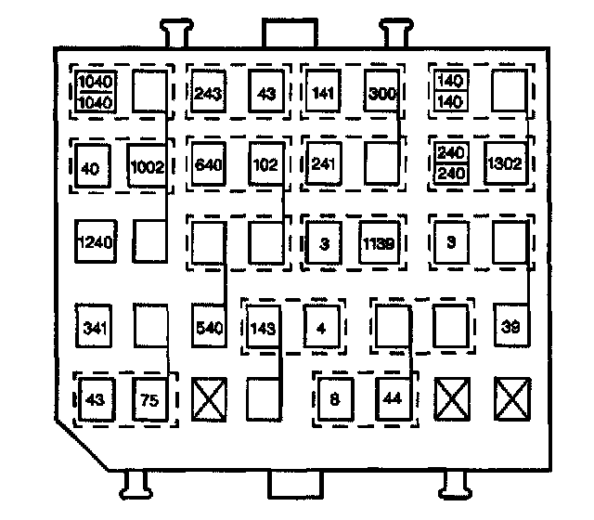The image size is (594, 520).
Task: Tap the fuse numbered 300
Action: point(381,92)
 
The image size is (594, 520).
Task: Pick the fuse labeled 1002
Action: point(147,167)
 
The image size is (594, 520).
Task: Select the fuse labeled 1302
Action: point(506,165)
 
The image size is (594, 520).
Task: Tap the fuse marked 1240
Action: point(94,243)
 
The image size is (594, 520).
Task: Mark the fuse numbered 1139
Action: point(381,244)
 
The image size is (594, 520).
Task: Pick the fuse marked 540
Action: point(209,327)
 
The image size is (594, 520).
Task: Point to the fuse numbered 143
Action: point(265,327)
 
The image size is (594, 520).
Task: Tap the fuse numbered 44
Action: point(393,399)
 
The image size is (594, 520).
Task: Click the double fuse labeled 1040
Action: point(94,90)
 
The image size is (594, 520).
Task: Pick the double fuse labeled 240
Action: point(450,165)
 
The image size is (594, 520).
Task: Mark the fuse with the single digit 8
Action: point(335,399)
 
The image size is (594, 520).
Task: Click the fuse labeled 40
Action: point(92,168)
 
